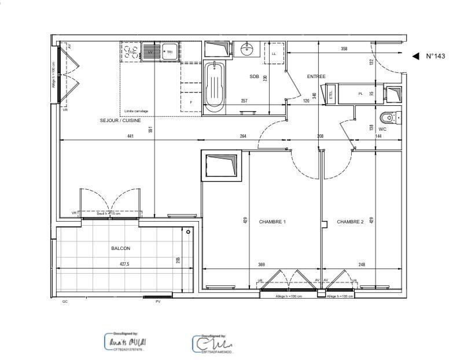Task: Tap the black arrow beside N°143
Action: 415,56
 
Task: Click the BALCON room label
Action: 120,248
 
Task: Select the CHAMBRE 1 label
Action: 272,222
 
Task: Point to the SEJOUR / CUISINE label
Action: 120,120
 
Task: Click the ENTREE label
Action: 316,76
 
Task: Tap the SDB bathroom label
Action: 254,76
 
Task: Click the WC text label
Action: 382,129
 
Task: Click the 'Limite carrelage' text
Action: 137,111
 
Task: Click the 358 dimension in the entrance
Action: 344,49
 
